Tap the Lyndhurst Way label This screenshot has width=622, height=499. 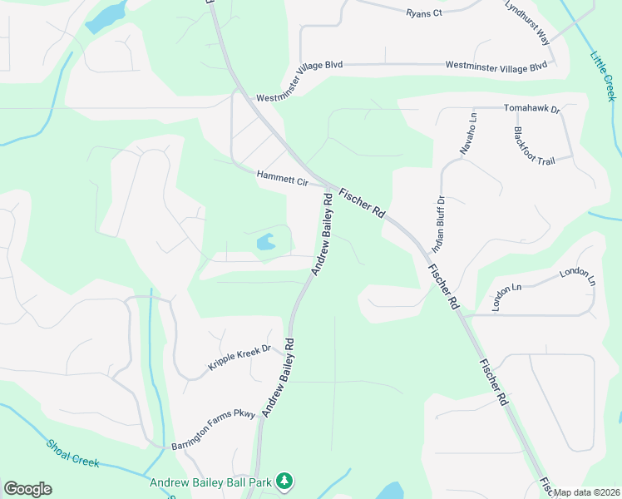point(527,22)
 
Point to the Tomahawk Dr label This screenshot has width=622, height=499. point(532,109)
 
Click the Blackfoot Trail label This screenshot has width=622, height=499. point(532,146)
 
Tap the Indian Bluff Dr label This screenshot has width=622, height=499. point(439,225)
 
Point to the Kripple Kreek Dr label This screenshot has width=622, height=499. point(239,358)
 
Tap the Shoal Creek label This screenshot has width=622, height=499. point(73,452)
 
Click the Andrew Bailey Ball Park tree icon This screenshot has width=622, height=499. point(284,482)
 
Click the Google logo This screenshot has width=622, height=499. point(27,489)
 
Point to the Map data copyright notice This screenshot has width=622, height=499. point(585,492)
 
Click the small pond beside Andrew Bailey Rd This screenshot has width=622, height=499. point(266,243)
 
